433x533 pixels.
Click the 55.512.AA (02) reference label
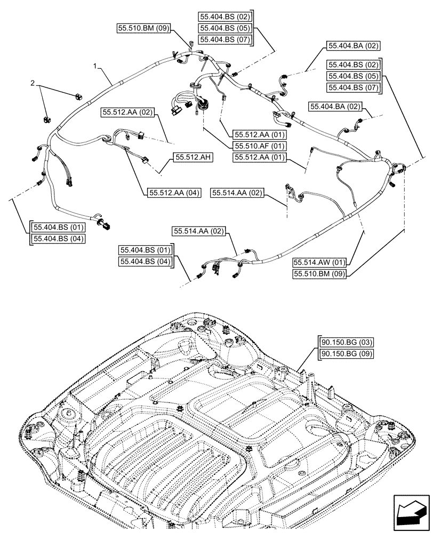click(127, 112)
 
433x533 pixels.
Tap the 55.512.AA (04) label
click(172, 193)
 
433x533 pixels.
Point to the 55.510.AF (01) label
click(259, 146)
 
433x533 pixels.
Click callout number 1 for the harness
click(94, 67)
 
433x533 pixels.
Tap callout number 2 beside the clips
click(33, 84)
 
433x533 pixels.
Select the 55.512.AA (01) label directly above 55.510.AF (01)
click(259, 134)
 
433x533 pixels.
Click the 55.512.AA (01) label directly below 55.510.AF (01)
click(259, 157)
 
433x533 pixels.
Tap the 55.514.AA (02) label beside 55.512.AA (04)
click(237, 192)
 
